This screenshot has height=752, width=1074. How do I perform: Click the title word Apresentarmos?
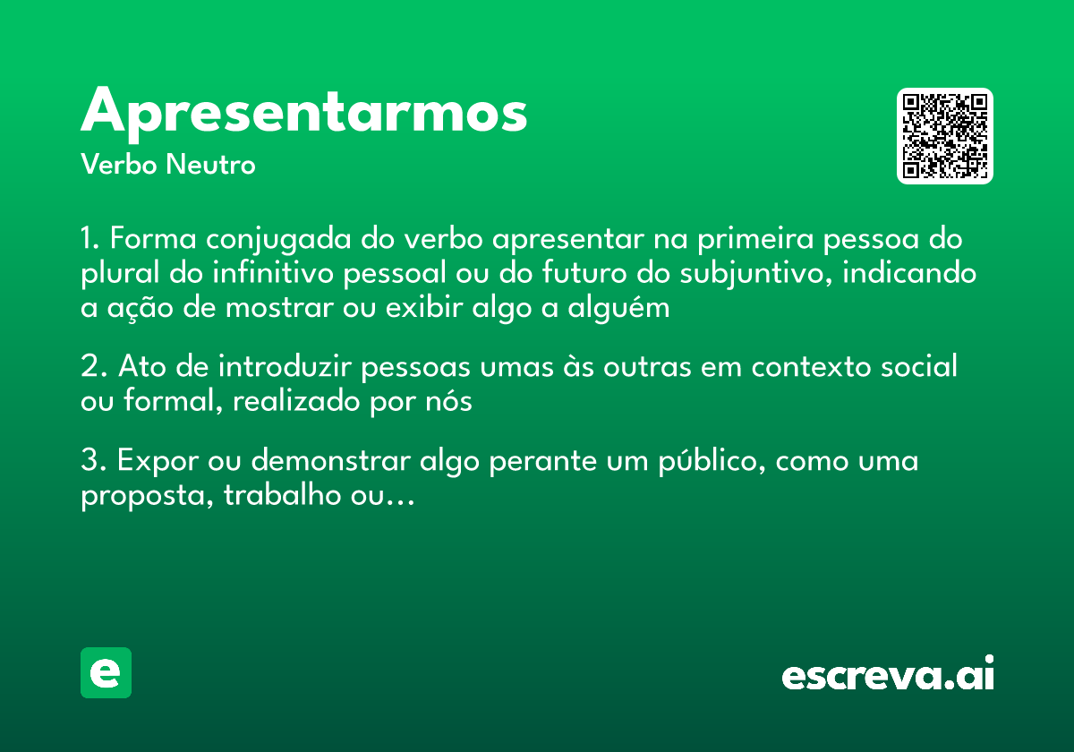(303, 113)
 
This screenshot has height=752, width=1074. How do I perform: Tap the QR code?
(945, 136)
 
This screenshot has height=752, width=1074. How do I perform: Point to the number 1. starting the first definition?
(91, 240)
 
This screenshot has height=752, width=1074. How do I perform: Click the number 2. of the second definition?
(94, 367)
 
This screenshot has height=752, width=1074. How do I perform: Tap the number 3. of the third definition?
(94, 462)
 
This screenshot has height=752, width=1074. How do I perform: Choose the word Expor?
(157, 462)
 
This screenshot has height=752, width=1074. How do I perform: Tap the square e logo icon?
(107, 672)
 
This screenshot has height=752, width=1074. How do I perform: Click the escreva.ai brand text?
(888, 675)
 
